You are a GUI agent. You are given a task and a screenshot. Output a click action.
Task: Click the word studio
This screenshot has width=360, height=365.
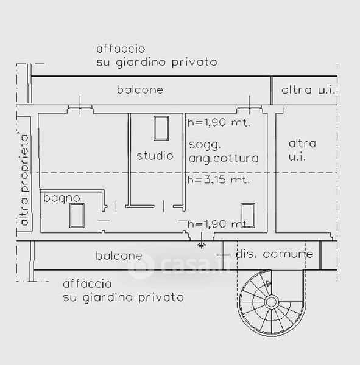click(155, 156)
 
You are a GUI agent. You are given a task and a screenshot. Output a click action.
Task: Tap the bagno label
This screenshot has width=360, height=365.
click(62, 198)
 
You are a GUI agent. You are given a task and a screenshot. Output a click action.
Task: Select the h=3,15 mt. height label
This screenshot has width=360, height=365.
click(219, 179)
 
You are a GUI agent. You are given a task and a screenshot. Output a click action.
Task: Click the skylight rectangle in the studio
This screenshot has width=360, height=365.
click(161, 128)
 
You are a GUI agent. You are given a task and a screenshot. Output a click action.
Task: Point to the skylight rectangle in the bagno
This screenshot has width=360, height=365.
click(77, 215)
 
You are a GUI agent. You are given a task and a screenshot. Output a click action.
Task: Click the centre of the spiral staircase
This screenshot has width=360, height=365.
click(271, 302)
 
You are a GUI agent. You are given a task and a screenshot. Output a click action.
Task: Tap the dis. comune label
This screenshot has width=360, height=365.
click(275, 254)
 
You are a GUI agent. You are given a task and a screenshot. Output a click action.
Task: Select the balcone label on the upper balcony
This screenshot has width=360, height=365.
click(140, 90)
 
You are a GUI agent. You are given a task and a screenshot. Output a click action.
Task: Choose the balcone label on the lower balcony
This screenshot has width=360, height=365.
click(119, 256)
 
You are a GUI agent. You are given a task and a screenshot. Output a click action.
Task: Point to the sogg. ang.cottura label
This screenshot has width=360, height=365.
click(224, 151)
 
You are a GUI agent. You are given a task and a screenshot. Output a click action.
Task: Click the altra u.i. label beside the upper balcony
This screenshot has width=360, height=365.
click(308, 90)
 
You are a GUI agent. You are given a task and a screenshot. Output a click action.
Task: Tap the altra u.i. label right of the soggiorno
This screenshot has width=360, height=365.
click(302, 150)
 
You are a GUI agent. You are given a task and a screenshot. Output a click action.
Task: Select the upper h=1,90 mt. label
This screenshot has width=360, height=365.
click(219, 122)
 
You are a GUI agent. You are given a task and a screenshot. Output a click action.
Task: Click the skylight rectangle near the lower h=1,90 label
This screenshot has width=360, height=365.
click(248, 215)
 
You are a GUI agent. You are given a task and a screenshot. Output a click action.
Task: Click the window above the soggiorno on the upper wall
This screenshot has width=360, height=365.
click(249, 108)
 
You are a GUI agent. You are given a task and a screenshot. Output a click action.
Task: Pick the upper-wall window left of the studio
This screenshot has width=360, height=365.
click(80, 108)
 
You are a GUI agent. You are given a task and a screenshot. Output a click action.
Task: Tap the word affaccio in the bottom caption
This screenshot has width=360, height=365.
click(87, 283)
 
